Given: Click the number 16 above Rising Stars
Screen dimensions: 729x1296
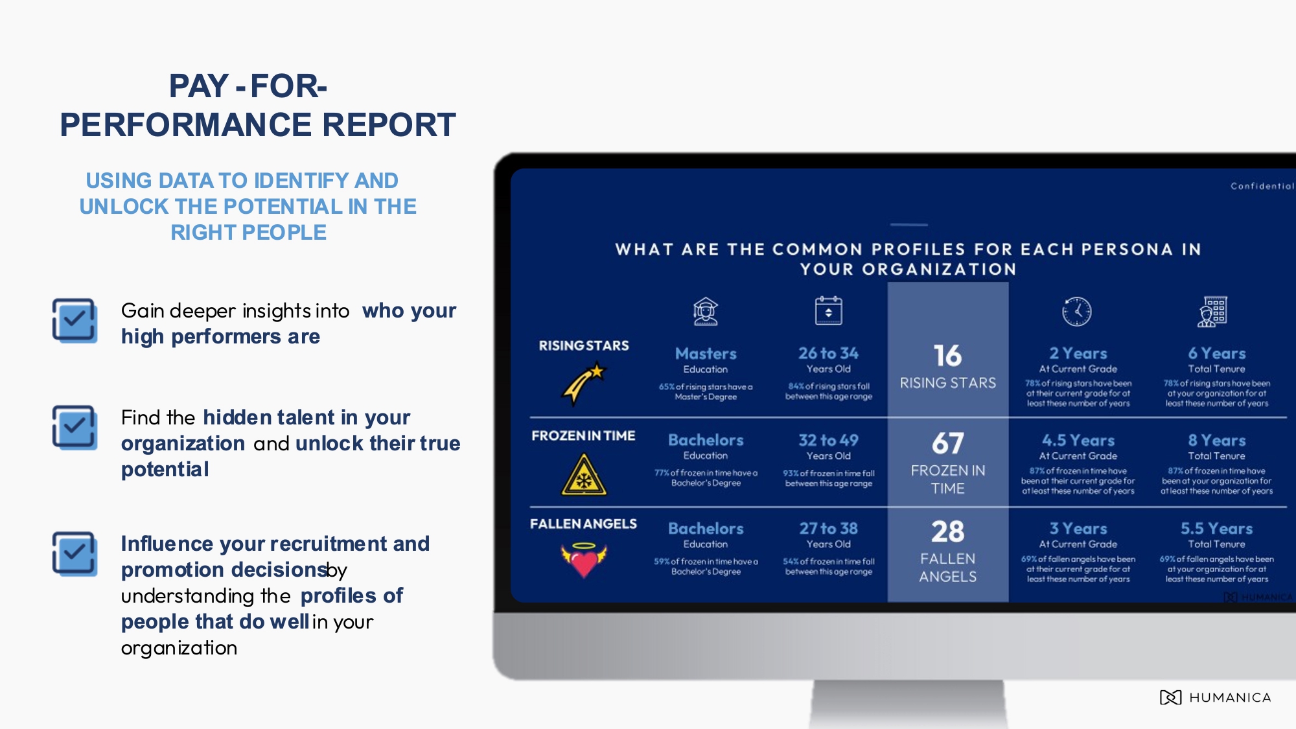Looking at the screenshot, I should [x=947, y=356].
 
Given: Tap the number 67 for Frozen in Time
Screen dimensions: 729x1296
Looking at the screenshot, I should [x=947, y=444].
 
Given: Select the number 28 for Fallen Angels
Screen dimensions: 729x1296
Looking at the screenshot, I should [x=947, y=532].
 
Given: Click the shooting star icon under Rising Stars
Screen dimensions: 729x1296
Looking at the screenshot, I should [x=583, y=384].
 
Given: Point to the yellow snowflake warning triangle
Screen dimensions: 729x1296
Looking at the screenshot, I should [x=584, y=476].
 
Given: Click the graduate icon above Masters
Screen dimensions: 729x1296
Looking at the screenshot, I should [x=706, y=312].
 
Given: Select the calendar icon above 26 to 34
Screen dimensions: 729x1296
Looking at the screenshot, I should [x=828, y=311].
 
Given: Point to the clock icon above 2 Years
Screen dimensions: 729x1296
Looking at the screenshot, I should [x=1077, y=312].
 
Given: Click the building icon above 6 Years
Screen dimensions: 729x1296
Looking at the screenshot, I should [x=1212, y=312].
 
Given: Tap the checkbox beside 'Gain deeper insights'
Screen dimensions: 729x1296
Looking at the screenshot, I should [x=75, y=320].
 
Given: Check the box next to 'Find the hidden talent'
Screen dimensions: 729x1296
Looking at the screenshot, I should [x=75, y=427].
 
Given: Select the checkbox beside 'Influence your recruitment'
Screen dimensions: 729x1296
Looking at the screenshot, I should [x=75, y=554].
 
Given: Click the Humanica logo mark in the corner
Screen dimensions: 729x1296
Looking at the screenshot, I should [x=1170, y=697].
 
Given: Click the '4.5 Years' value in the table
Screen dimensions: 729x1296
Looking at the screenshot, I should [x=1078, y=441].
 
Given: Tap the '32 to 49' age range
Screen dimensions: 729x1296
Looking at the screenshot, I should [x=828, y=441].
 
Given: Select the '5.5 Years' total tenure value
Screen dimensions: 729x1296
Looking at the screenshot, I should [x=1216, y=529].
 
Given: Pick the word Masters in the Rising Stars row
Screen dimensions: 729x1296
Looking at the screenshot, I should [x=706, y=354].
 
